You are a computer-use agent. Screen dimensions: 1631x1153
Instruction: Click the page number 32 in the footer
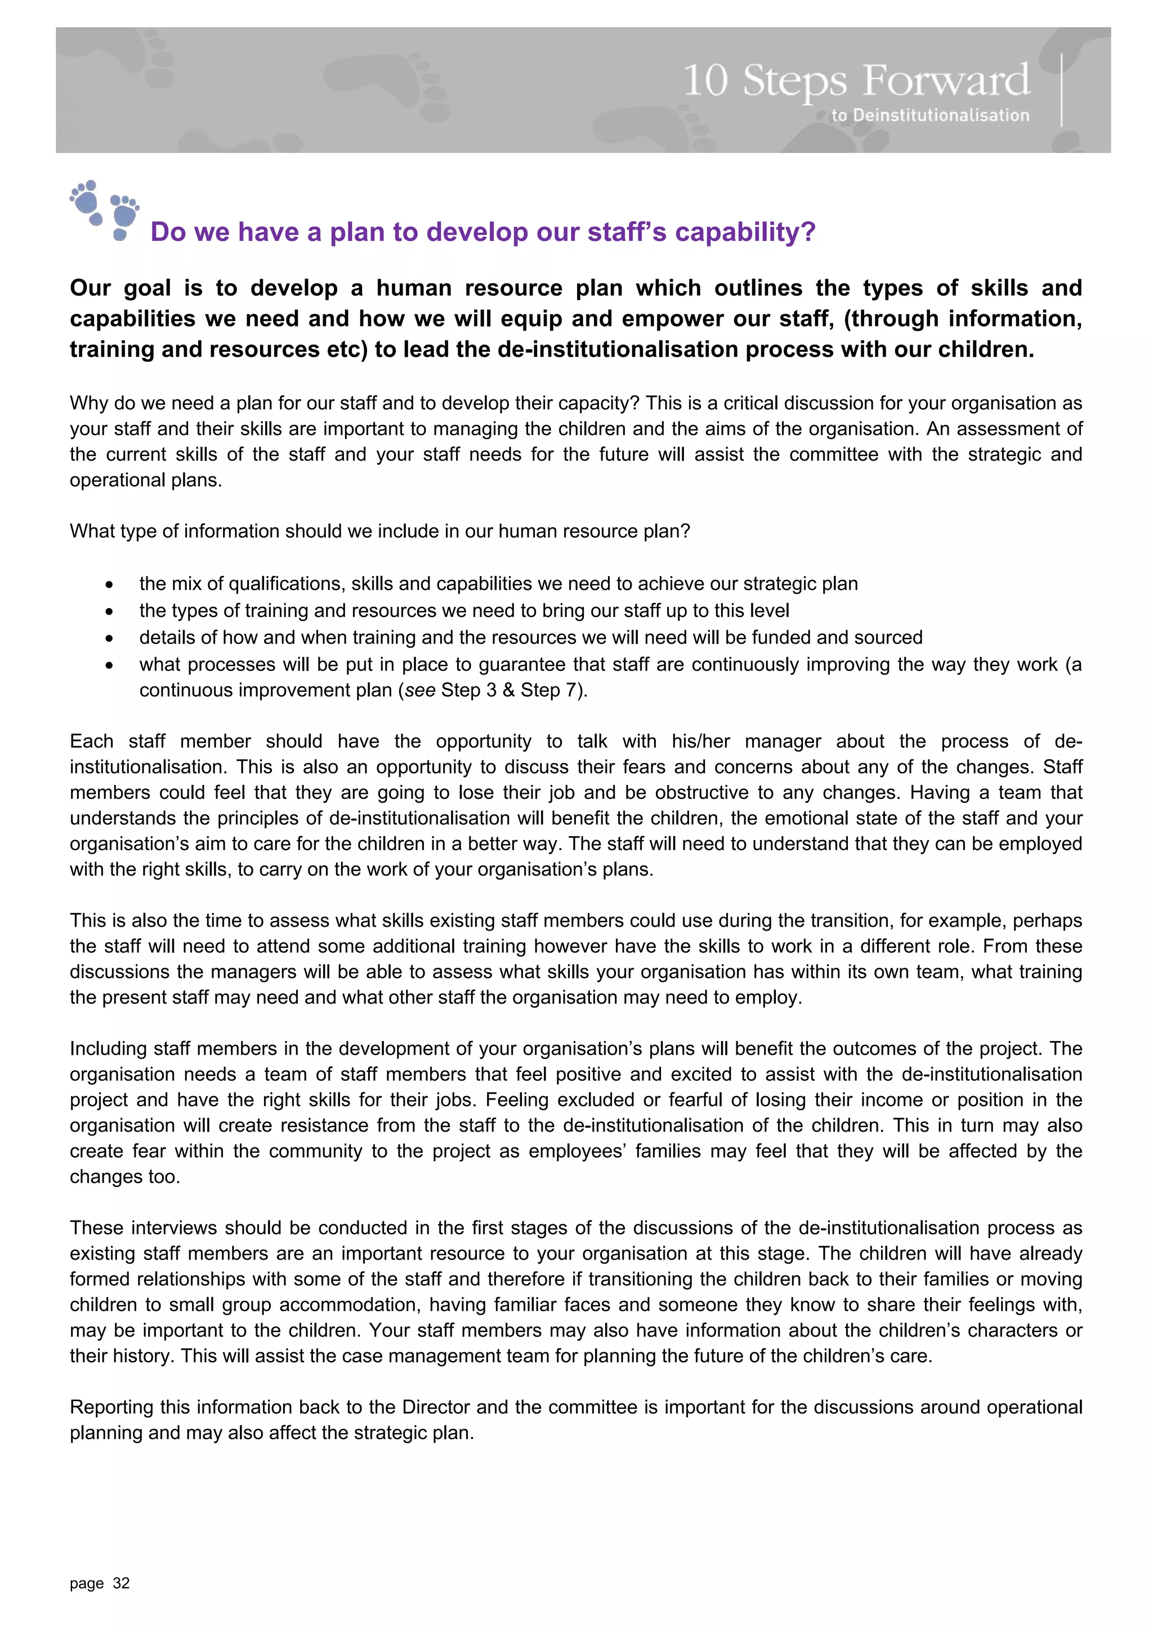[x=122, y=1583]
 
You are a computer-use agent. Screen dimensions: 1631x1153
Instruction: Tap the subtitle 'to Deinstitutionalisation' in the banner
[x=930, y=115]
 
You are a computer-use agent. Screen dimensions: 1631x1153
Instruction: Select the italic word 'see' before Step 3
[x=419, y=690]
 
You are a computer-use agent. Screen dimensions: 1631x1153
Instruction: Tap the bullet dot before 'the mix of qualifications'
[x=109, y=584]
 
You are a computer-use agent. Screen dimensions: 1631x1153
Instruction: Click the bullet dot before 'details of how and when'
[x=109, y=638]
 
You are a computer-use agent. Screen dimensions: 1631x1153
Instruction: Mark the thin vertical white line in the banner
[x=1061, y=90]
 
